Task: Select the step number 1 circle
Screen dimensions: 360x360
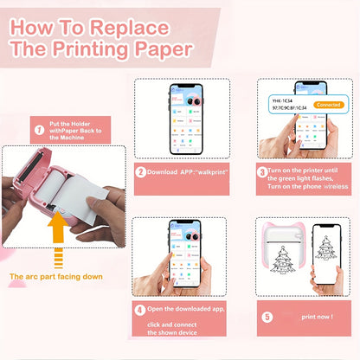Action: (x=37, y=132)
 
